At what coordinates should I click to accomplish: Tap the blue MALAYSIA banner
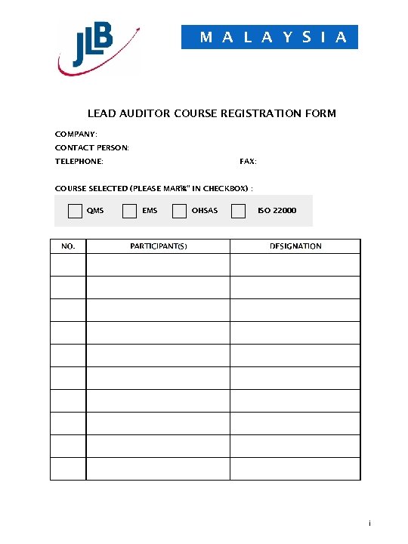(270, 37)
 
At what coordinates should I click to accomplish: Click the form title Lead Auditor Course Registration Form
(212, 113)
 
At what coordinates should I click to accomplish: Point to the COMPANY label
(76, 134)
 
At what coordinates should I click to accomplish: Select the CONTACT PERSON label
(91, 147)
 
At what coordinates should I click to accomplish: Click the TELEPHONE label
(79, 162)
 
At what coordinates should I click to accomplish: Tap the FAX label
(248, 162)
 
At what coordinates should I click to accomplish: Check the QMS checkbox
(75, 211)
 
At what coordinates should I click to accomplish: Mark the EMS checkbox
(130, 211)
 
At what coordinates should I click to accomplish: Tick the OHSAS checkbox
(179, 211)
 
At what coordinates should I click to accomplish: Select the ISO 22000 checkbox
(238, 211)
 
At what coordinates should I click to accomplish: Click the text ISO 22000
(277, 211)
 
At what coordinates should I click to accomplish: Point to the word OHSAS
(204, 211)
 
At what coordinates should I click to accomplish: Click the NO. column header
(68, 246)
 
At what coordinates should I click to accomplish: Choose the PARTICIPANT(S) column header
(158, 246)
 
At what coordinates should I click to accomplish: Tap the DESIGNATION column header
(295, 246)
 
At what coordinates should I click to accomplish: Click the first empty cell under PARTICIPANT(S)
(158, 264)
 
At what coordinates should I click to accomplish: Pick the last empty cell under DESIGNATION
(295, 468)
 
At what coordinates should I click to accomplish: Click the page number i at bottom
(369, 524)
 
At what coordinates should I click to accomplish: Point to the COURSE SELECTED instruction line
(153, 188)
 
